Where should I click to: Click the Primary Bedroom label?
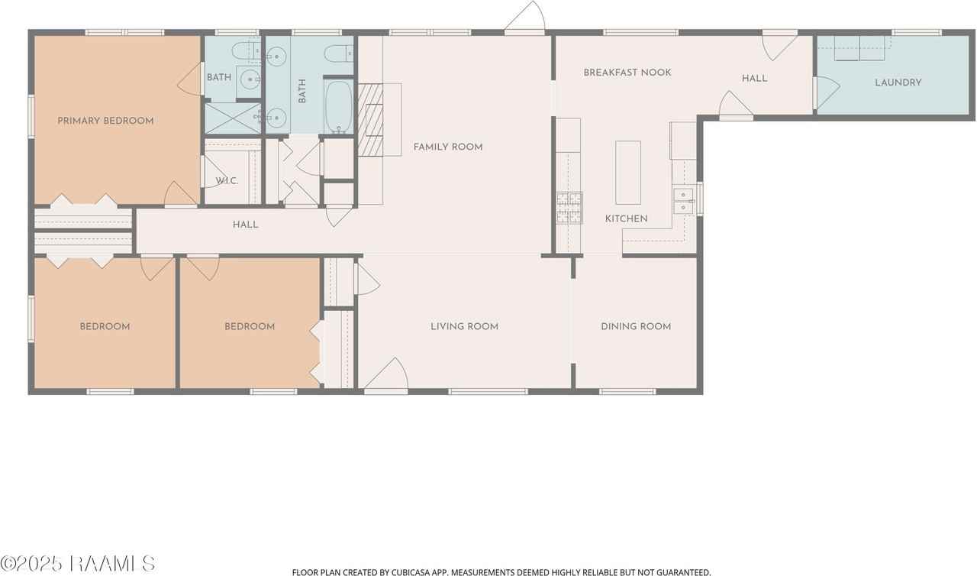pyautogui.click(x=105, y=121)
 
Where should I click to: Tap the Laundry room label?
pyautogui.click(x=898, y=83)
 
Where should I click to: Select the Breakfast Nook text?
pyautogui.click(x=627, y=73)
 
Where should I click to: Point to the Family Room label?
pyautogui.click(x=448, y=147)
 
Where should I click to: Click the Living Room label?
pyautogui.click(x=464, y=326)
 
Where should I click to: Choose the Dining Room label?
pyautogui.click(x=636, y=326)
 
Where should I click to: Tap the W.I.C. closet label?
pyautogui.click(x=227, y=181)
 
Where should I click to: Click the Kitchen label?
pyautogui.click(x=626, y=218)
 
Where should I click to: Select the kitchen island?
pyautogui.click(x=628, y=173)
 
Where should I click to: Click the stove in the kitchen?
pyautogui.click(x=569, y=207)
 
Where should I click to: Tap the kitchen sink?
pyautogui.click(x=683, y=201)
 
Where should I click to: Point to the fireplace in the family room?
pyautogui.click(x=372, y=119)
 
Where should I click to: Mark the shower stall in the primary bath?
pyautogui.click(x=233, y=119)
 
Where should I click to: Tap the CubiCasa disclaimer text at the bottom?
pyautogui.click(x=501, y=571)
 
